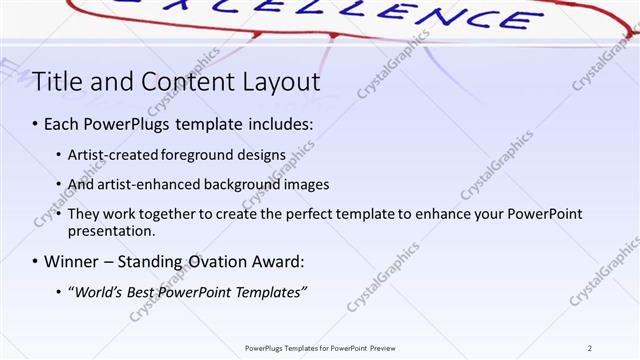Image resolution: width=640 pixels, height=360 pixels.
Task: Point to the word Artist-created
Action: pos(111,155)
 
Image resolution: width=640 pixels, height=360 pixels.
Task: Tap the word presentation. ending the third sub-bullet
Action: pos(111,231)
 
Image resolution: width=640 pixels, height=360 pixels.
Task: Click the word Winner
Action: pos(71,262)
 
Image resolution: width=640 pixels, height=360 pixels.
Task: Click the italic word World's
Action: pos(98,291)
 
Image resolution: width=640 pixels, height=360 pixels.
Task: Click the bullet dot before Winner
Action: pos(35,262)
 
